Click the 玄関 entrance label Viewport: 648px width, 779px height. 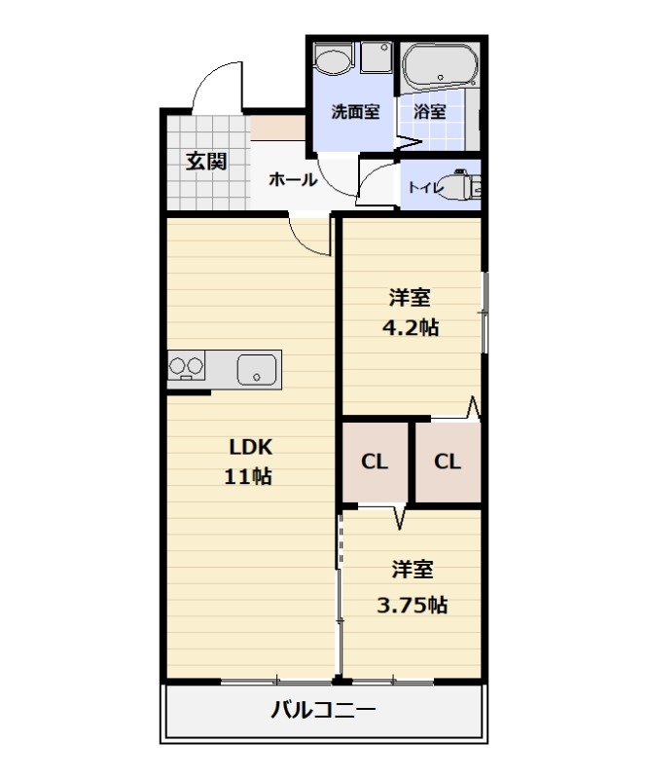(x=206, y=162)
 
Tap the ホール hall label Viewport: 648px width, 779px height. (x=292, y=179)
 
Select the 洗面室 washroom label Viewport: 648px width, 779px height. (x=355, y=111)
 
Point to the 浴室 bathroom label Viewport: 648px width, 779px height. (x=430, y=111)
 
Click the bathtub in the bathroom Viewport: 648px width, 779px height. (x=440, y=65)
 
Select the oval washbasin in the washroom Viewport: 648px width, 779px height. (x=333, y=61)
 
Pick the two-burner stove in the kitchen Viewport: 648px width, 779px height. (x=187, y=368)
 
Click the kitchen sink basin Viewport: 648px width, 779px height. (x=257, y=370)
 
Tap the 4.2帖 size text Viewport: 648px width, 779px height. (x=409, y=327)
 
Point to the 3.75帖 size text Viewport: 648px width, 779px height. (x=412, y=605)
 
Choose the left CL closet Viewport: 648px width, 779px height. (x=375, y=462)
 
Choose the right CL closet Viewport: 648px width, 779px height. (x=447, y=462)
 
